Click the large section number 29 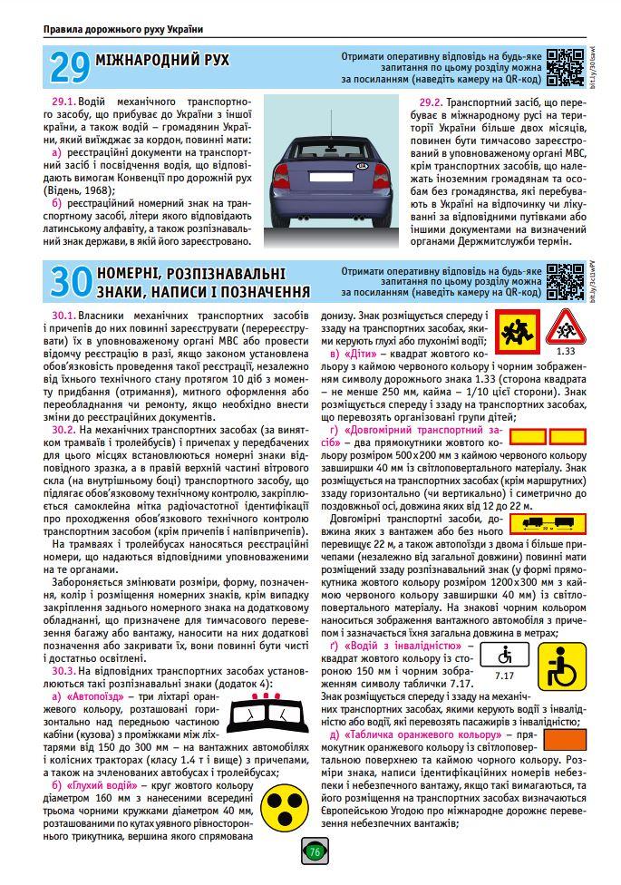point(69,66)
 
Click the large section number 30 point(69,282)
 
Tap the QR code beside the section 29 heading point(564,67)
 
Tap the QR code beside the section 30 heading point(564,282)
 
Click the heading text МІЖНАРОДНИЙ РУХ point(162,61)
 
